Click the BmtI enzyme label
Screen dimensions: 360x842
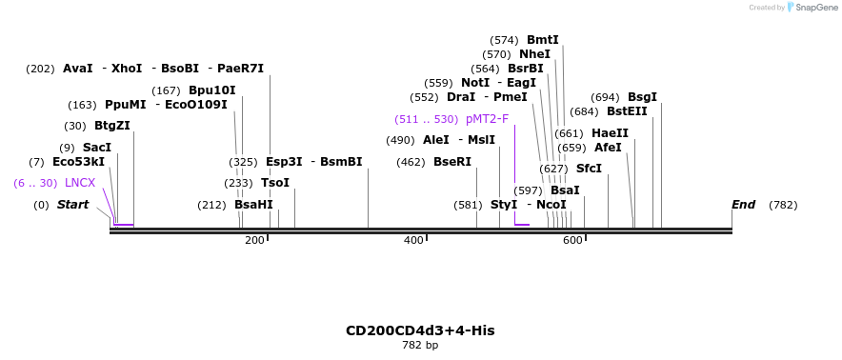pos(542,40)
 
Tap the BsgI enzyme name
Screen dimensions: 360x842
pos(642,97)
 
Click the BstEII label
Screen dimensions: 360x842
pos(627,111)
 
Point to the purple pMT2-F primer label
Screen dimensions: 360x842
pos(487,119)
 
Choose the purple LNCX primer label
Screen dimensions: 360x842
pos(80,183)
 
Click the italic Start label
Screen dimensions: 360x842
pos(72,205)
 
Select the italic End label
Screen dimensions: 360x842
pos(743,205)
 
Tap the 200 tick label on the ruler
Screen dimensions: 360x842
pos(254,241)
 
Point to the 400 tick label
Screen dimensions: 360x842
pos(413,241)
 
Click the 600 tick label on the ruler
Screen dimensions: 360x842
pos(572,241)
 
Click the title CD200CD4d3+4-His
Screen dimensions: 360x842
pos(420,330)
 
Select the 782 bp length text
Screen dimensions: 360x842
pos(420,345)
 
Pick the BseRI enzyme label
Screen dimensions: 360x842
pos(452,162)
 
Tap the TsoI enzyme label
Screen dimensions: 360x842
pos(275,183)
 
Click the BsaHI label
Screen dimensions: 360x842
pos(253,205)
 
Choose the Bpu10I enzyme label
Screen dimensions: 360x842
pos(211,90)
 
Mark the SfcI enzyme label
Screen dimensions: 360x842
pos(589,169)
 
